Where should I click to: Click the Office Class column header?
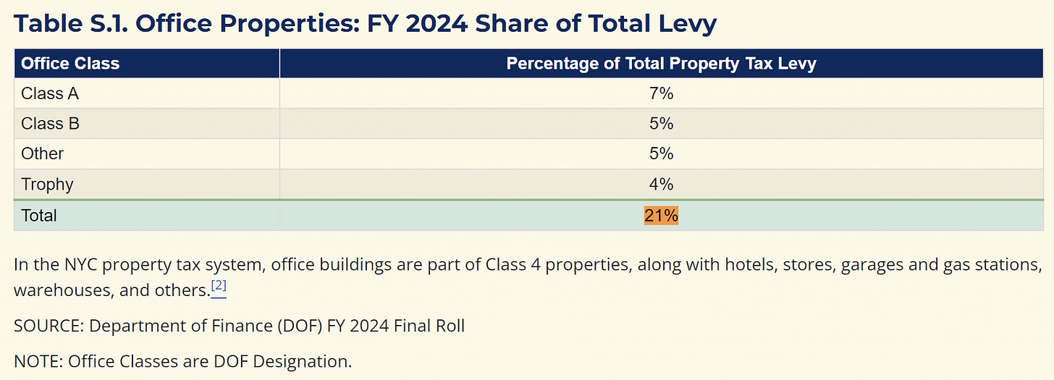click(x=70, y=63)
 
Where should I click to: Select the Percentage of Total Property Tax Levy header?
click(x=661, y=63)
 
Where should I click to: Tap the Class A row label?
click(x=50, y=93)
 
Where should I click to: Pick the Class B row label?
click(x=50, y=124)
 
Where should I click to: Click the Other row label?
click(x=42, y=153)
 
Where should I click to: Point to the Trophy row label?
click(x=47, y=184)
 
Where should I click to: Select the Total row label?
click(x=39, y=216)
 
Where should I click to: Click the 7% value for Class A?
click(x=661, y=93)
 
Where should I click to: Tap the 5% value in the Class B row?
click(x=661, y=124)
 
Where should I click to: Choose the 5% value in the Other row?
click(x=661, y=153)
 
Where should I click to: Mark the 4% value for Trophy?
click(x=661, y=184)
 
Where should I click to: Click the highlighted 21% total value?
click(x=661, y=216)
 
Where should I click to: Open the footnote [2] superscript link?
click(x=219, y=287)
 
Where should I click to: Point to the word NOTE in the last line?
click(x=36, y=360)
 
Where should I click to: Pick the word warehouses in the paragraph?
click(x=56, y=290)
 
